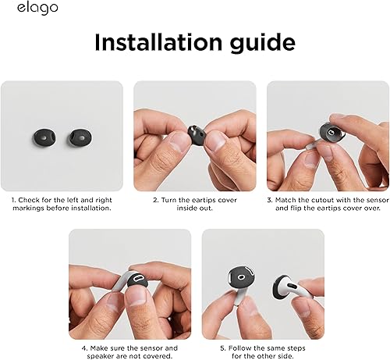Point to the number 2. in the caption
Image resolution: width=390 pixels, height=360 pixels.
point(155,200)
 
